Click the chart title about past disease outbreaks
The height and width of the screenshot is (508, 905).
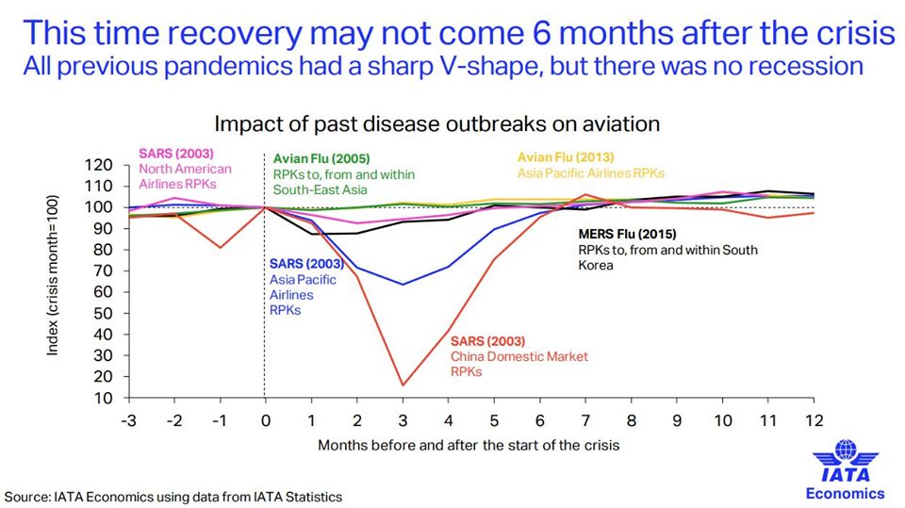[x=436, y=123]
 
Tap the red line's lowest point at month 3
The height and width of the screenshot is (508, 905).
[x=403, y=385]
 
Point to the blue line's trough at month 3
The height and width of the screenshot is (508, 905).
[x=403, y=284]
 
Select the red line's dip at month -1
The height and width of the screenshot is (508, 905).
[x=220, y=247]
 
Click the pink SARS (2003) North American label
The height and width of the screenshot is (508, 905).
[x=185, y=169]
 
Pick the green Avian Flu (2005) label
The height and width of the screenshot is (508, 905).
[x=344, y=174]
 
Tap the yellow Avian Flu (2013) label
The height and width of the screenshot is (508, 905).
[x=591, y=165]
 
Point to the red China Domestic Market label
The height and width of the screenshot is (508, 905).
[x=518, y=355]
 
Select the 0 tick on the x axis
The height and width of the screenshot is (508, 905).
[x=265, y=420]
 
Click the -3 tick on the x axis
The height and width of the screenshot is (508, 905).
[x=129, y=420]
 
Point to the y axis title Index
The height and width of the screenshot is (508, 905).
[x=53, y=281]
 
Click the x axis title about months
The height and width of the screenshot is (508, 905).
[x=469, y=443]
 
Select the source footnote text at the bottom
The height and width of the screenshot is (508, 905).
[x=173, y=496]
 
